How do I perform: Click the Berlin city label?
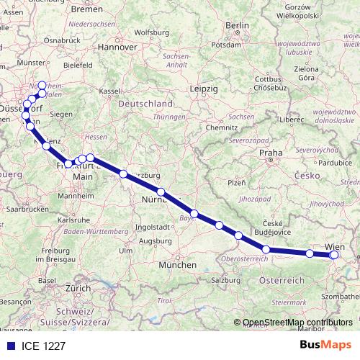(237, 26)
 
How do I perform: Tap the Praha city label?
(271, 153)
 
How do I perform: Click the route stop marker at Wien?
(333, 254)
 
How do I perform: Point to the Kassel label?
(109, 91)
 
